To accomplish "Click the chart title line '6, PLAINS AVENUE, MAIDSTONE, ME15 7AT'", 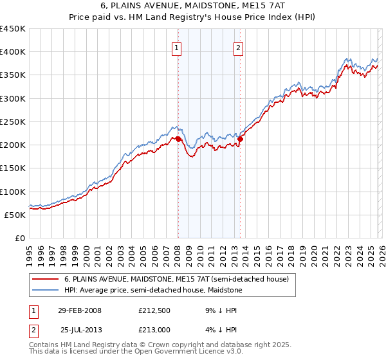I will [x=192, y=5].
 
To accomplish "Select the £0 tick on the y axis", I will [x=20, y=238].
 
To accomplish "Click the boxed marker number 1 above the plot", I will [x=176, y=47].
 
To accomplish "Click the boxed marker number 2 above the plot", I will [x=238, y=47].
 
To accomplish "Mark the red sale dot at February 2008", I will [x=178, y=139].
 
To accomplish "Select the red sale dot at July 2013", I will [x=240, y=139].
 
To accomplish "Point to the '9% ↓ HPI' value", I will [x=221, y=310].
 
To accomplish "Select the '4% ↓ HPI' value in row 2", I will [x=221, y=330].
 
